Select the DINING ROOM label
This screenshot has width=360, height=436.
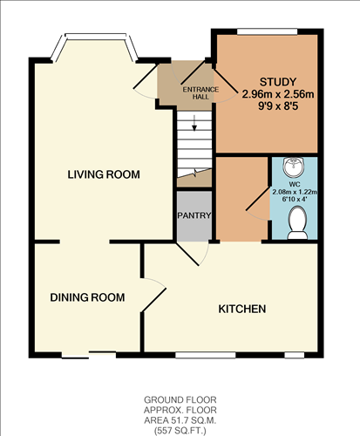coord(86,297)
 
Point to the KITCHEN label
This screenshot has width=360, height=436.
coord(241,309)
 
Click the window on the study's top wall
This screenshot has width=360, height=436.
coord(267,32)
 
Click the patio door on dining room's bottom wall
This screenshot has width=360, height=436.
coord(88,353)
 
